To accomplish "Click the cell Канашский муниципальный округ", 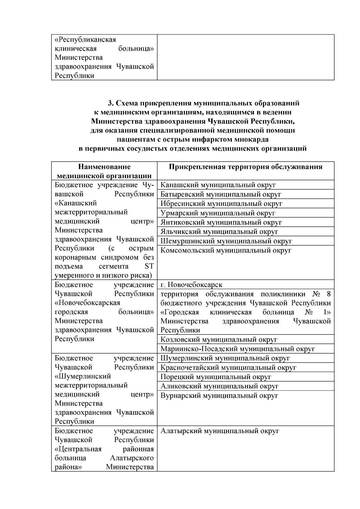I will (x=218, y=185).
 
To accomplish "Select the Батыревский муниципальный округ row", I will (x=221, y=194).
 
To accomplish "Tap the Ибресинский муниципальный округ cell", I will (x=221, y=204).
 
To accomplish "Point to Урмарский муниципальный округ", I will (x=218, y=213).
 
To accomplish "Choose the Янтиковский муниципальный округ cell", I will (x=221, y=223).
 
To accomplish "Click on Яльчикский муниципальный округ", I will (x=219, y=232).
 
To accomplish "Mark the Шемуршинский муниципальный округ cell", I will (x=226, y=241).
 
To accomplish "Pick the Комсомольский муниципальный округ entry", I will (x=226, y=250).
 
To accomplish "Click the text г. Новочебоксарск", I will (x=191, y=285).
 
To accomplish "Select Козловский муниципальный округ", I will (x=219, y=340).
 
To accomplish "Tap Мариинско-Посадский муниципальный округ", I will (x=238, y=349).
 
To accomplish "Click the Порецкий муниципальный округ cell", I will (x=216, y=377).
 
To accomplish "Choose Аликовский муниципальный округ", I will (x=220, y=386).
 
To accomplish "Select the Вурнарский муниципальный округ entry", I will (x=219, y=396).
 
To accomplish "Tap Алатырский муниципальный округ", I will (x=220, y=431).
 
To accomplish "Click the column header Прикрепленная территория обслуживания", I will (x=245, y=167).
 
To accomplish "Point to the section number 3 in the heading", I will (x=110, y=103).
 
